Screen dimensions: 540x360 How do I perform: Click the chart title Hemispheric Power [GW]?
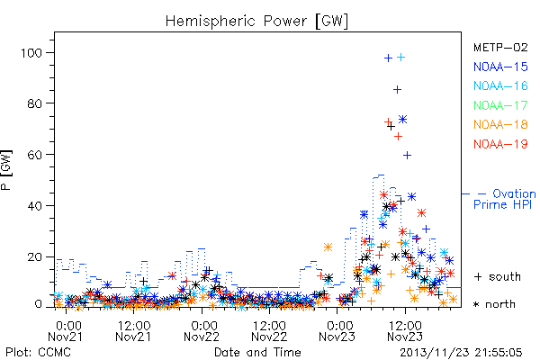(256, 21)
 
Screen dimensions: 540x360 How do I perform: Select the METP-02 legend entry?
(500, 47)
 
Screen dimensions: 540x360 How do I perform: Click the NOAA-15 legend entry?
(500, 67)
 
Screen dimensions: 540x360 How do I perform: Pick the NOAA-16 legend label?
(500, 85)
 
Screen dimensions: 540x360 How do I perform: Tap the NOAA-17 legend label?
(500, 105)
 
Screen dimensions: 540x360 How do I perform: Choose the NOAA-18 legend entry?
(500, 124)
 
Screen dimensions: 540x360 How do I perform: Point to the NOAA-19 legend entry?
(500, 144)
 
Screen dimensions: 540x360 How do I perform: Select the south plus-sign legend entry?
(498, 276)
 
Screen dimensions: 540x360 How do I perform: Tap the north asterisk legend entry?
(494, 304)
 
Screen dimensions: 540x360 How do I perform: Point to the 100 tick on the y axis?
(31, 53)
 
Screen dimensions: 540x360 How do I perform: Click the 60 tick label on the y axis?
(34, 155)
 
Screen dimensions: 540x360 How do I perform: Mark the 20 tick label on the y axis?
(34, 257)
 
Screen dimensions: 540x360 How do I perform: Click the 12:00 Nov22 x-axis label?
(269, 331)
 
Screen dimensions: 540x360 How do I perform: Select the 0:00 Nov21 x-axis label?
(65, 331)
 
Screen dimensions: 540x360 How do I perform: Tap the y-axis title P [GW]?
(6, 170)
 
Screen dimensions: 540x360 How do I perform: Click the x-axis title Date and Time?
(257, 352)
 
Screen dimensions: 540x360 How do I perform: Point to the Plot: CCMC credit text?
(38, 352)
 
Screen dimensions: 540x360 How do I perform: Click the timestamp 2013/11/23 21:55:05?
(461, 353)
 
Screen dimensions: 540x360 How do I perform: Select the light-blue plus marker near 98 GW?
(400, 58)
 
